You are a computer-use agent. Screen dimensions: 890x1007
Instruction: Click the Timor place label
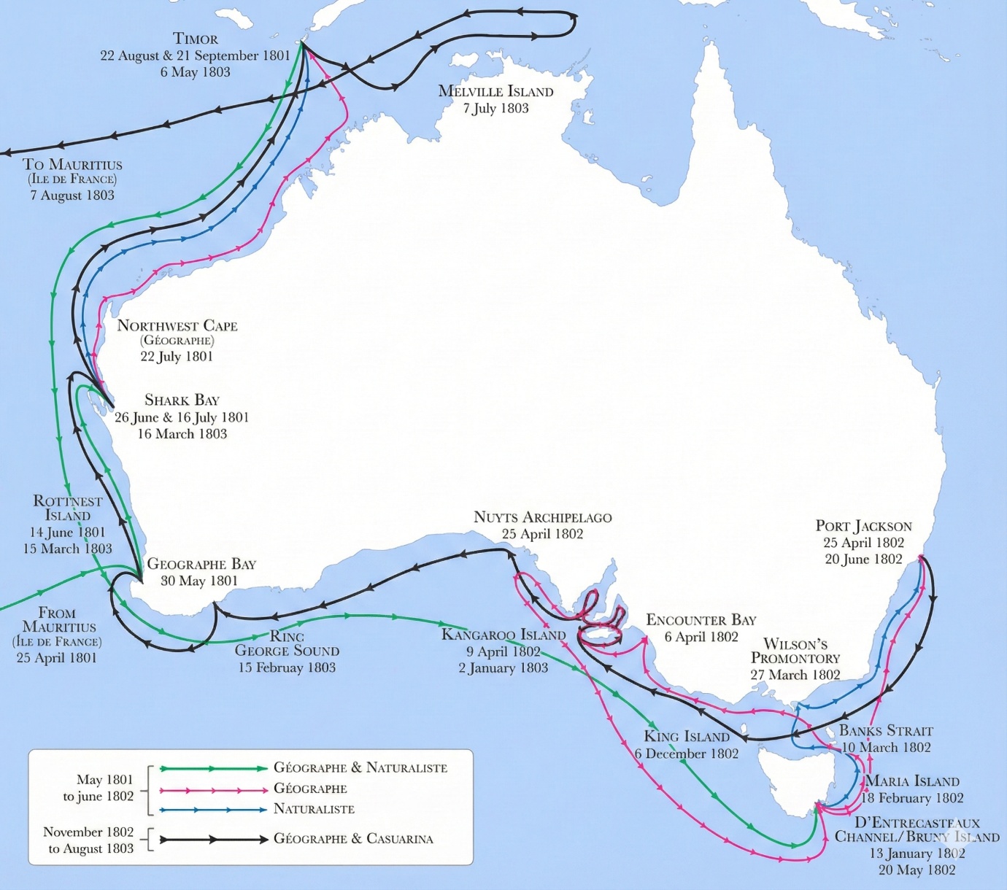(x=195, y=39)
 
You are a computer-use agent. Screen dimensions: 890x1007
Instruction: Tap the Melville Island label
(x=495, y=91)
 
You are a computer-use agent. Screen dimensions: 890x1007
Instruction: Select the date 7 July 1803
(x=495, y=109)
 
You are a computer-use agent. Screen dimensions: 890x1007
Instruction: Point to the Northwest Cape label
(x=177, y=326)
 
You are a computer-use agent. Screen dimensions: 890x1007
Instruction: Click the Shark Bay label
(x=182, y=400)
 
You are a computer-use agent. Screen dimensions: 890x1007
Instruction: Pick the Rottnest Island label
(x=67, y=508)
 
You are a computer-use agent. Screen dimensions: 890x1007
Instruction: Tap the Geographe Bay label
(x=201, y=564)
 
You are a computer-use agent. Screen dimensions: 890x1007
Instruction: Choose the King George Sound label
(x=287, y=643)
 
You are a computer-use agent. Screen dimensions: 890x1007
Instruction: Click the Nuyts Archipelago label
(x=542, y=517)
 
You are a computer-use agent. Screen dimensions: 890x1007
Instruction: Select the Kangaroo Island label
(x=504, y=635)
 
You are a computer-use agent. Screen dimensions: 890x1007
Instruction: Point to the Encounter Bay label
(x=701, y=620)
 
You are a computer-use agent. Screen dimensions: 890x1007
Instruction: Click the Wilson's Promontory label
(x=795, y=651)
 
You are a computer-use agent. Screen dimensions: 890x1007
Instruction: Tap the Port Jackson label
(x=863, y=526)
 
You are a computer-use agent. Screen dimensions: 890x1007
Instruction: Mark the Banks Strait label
(x=886, y=730)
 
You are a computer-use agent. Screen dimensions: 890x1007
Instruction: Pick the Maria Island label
(x=912, y=781)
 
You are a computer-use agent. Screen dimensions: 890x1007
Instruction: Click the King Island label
(x=687, y=737)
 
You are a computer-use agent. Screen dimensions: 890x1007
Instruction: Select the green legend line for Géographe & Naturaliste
(x=213, y=768)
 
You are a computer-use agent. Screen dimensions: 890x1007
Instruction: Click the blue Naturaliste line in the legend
(x=213, y=810)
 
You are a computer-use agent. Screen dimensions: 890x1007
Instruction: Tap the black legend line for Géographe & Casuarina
(x=213, y=840)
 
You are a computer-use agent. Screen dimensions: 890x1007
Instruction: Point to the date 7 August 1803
(x=72, y=196)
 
